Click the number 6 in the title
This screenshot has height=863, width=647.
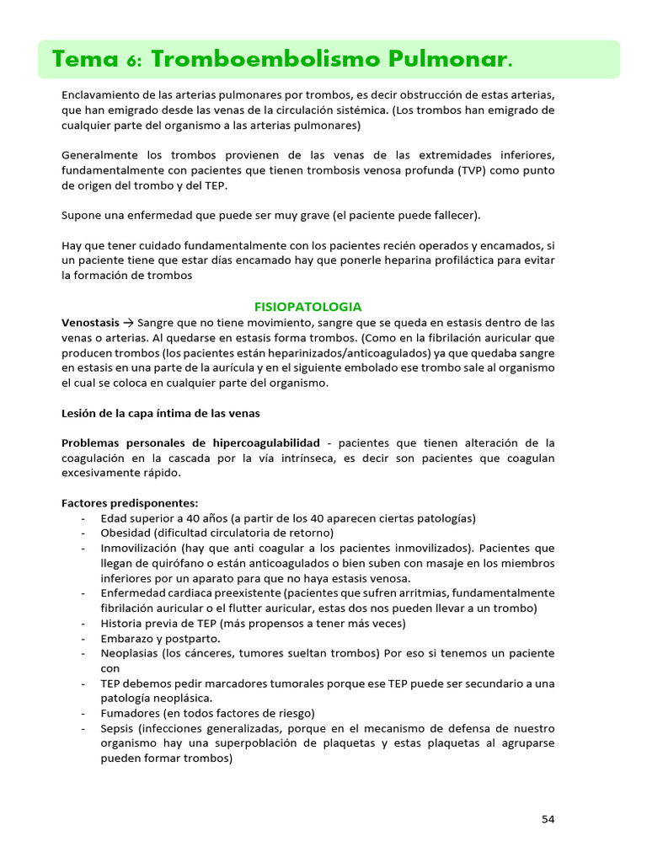135,61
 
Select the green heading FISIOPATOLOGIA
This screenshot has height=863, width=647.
308,307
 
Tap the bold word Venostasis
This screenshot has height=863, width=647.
90,322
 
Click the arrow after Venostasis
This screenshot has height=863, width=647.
128,322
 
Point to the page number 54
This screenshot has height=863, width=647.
548,818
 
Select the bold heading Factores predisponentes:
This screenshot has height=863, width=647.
130,503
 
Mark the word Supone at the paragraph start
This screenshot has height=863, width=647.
81,216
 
